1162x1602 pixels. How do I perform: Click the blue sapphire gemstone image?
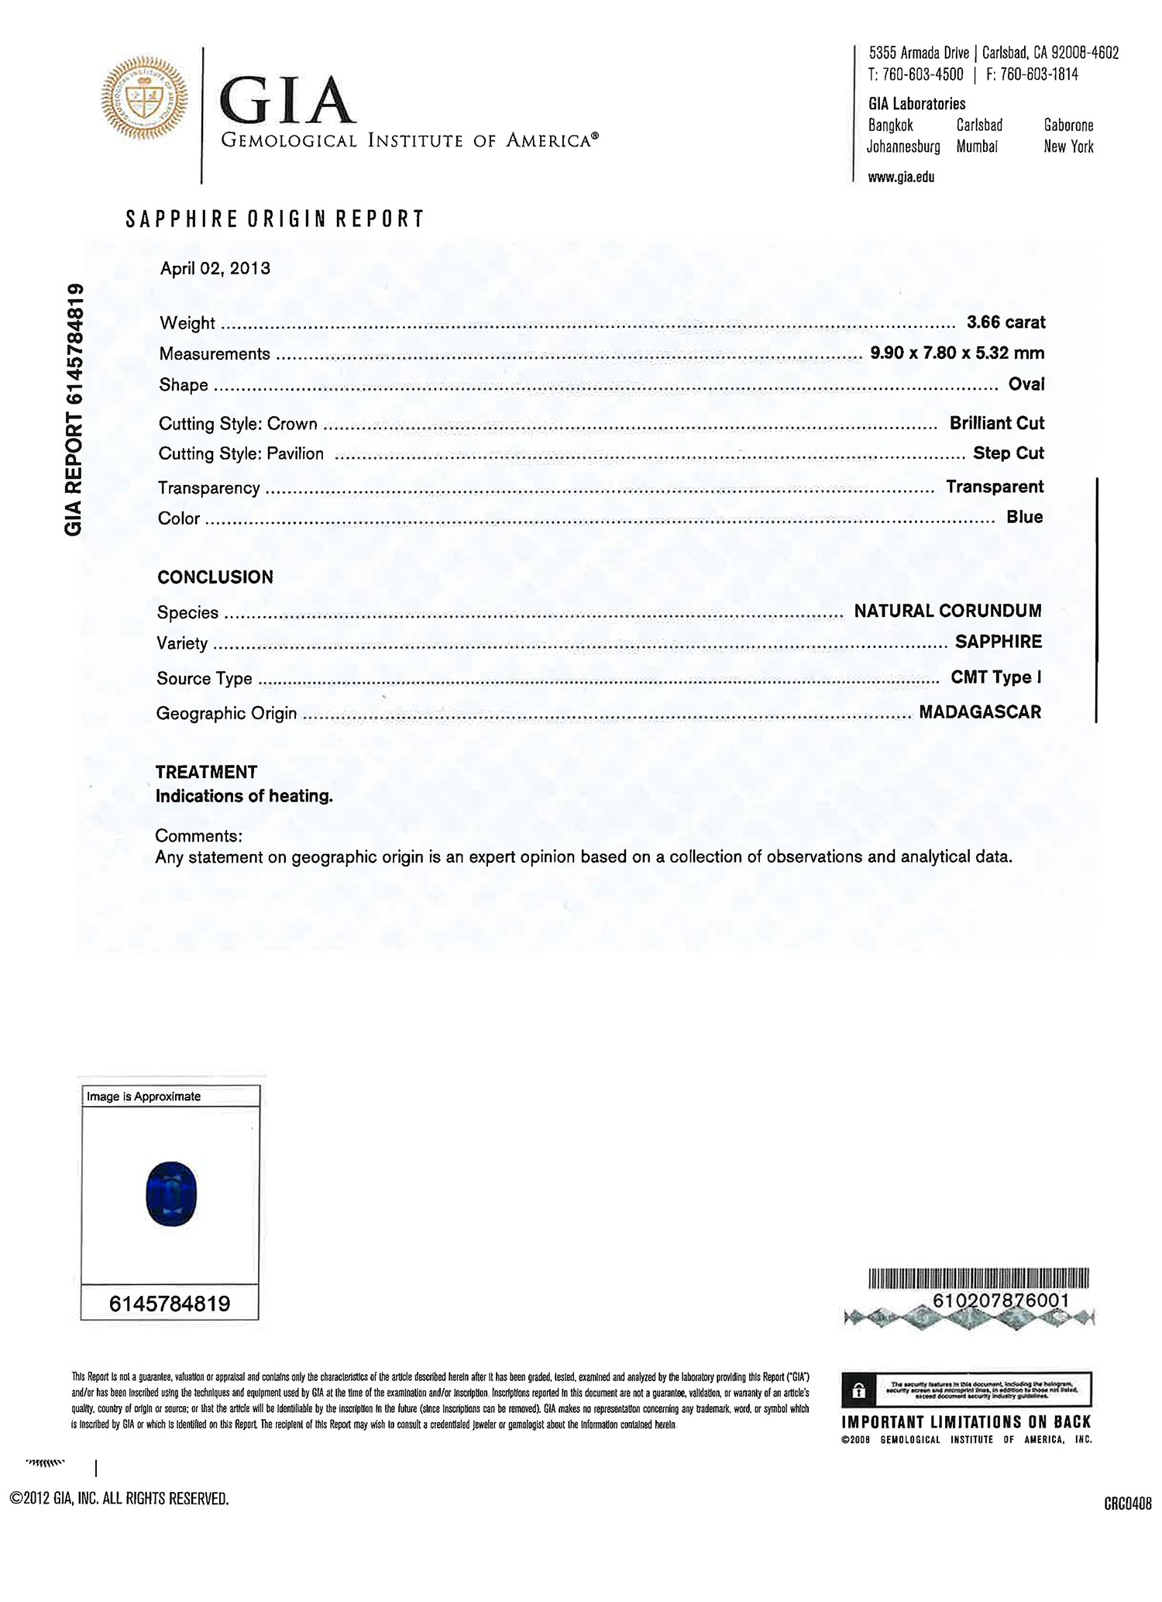(171, 1193)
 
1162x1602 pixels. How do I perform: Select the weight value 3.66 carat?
(1006, 322)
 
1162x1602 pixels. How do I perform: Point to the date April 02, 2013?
(215, 268)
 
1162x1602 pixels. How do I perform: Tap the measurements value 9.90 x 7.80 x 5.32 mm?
(957, 353)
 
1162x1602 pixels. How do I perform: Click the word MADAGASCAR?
(980, 711)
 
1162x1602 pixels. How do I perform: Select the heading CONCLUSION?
(215, 577)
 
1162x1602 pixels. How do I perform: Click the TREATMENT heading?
(206, 772)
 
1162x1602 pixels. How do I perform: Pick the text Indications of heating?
(244, 796)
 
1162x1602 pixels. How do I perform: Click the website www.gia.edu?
(901, 177)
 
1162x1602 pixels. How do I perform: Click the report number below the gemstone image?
(170, 1304)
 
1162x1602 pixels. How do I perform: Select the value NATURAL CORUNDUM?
(947, 611)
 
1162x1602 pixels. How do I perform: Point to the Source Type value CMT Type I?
(995, 677)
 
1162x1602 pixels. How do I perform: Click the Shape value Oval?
(1026, 384)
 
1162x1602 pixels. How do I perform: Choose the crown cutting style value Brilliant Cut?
(996, 423)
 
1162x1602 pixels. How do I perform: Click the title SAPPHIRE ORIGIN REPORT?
(275, 219)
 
